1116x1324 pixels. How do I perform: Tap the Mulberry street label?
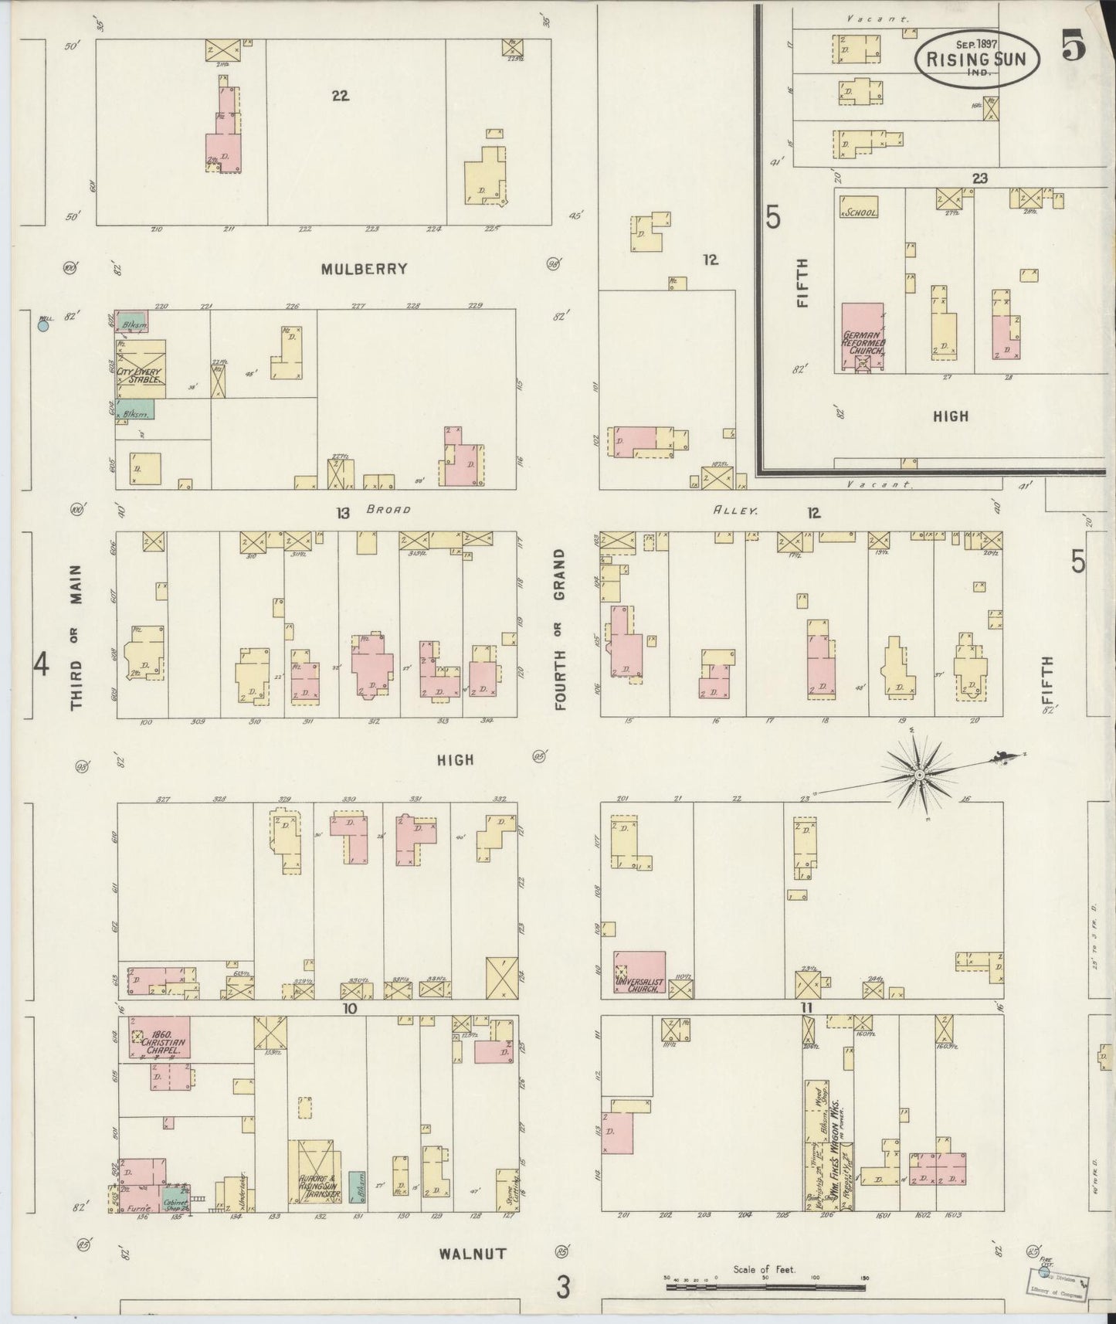click(364, 269)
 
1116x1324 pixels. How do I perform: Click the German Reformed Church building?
click(863, 337)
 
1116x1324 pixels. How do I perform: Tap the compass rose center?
click(920, 773)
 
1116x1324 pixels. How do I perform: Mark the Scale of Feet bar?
click(766, 1287)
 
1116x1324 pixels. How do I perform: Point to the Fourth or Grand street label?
click(560, 629)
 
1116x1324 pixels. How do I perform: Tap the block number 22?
click(340, 96)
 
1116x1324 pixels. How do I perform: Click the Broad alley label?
click(388, 510)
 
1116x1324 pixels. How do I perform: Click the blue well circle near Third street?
click(43, 326)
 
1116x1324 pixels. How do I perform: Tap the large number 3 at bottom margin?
click(565, 1287)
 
